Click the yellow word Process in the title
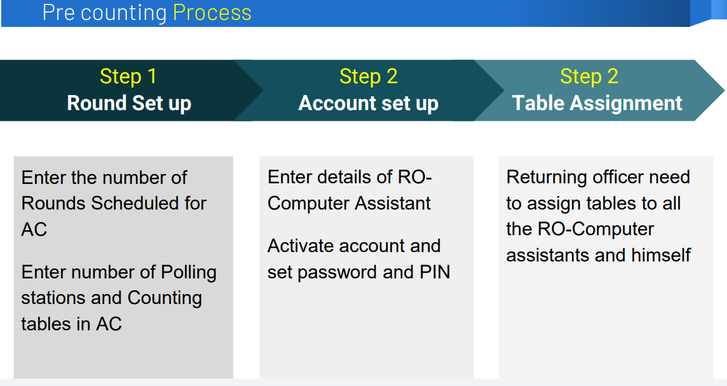[x=212, y=13]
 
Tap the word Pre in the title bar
[x=58, y=13]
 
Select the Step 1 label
[x=128, y=76]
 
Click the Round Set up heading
[x=129, y=103]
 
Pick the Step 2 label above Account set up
[x=368, y=76]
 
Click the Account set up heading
[x=368, y=103]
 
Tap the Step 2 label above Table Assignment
[x=589, y=76]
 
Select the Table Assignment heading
[x=597, y=103]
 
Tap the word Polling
[x=188, y=273]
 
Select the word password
[x=336, y=273]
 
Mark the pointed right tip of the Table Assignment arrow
[x=724, y=91]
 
